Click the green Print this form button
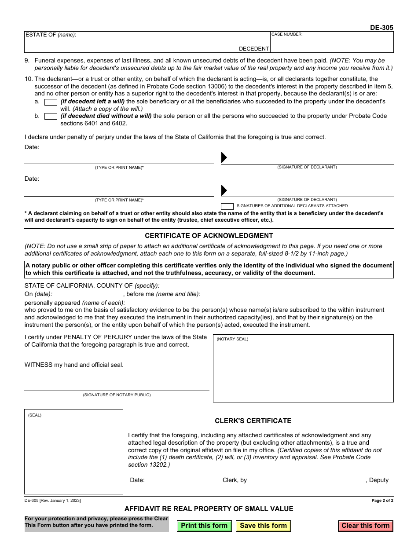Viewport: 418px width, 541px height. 204,526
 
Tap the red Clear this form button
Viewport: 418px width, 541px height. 365,526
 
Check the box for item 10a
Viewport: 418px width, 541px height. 51,102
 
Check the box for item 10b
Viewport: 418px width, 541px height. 51,117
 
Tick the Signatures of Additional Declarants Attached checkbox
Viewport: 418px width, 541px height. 227,206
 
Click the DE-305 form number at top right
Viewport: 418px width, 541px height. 381,28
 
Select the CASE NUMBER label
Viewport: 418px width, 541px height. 287,34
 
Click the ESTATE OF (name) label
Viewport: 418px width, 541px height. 51,35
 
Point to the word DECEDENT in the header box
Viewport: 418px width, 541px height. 254,49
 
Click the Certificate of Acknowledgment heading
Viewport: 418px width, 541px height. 209,236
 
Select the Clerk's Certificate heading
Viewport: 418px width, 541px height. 253,421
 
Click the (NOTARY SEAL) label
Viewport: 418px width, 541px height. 232,339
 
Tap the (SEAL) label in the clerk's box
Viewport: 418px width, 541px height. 35,415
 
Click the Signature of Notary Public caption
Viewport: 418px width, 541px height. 117,395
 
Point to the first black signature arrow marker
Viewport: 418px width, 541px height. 224,157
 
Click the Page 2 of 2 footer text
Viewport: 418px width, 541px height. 382,501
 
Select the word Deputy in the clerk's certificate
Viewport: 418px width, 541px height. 378,480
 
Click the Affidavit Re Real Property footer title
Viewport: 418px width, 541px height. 209,509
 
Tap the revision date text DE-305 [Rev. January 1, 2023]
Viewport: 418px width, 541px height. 53,501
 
